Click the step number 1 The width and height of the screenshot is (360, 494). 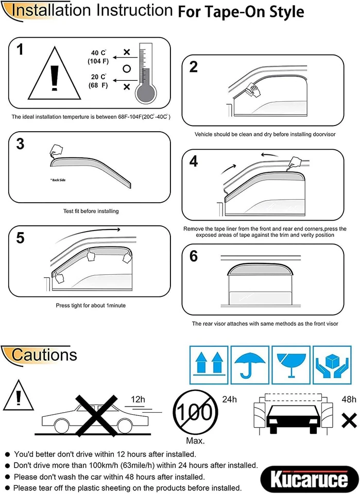coord(20,50)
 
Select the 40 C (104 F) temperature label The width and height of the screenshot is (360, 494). coord(97,57)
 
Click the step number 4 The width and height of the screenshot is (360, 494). coord(194,162)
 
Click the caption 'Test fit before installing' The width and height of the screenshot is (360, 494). coord(90,211)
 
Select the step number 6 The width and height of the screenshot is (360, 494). coord(194,256)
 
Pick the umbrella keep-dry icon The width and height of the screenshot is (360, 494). coord(249,363)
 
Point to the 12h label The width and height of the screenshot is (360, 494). coord(139,399)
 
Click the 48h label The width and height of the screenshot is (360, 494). coord(349,399)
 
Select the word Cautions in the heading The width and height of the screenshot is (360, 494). coord(44,355)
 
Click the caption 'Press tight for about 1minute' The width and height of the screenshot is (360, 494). coord(90,305)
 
